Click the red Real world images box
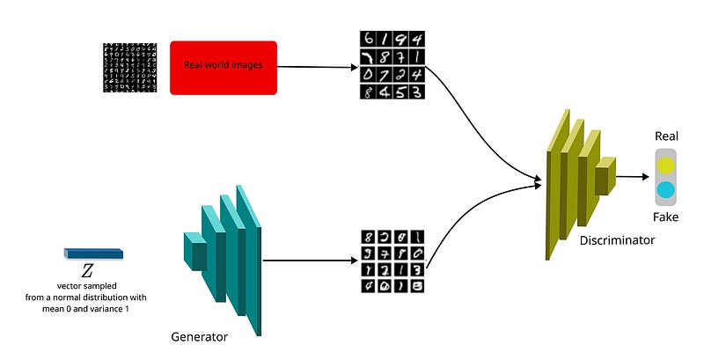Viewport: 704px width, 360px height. tap(223, 68)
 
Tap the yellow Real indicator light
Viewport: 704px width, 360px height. tap(666, 165)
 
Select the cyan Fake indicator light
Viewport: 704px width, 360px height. tap(666, 189)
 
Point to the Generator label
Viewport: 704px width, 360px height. tap(200, 336)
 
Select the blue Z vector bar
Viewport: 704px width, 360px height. tap(93, 253)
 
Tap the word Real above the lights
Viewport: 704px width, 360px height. tap(666, 136)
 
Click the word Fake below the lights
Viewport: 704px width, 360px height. tap(665, 217)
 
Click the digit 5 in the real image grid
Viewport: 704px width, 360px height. tap(400, 91)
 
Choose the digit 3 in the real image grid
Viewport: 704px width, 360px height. tap(417, 91)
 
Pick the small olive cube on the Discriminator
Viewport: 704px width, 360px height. tap(605, 179)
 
